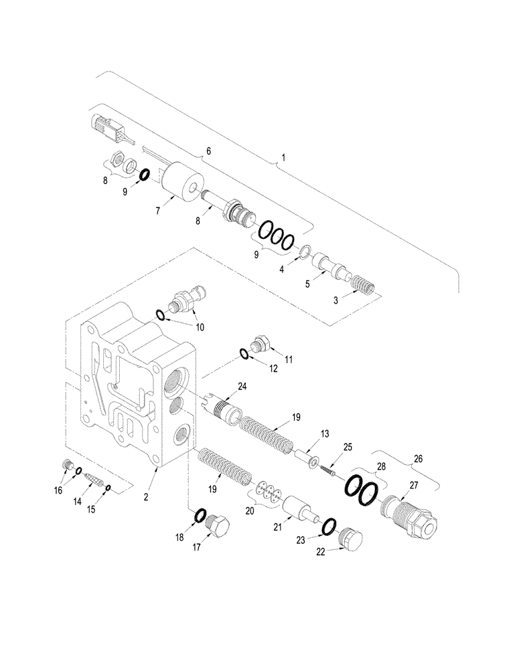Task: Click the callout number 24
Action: tap(242, 386)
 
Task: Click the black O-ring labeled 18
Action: tap(200, 515)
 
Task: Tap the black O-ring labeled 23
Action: tap(329, 528)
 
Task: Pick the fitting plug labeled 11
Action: tap(261, 345)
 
